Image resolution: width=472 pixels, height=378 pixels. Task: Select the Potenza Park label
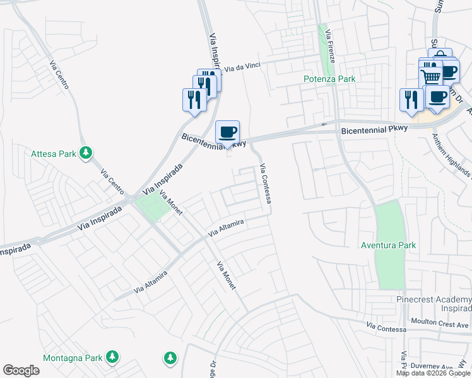coord(329,79)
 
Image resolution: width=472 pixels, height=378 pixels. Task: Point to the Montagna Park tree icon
coord(112,357)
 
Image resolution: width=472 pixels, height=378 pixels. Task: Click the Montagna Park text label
coord(73,358)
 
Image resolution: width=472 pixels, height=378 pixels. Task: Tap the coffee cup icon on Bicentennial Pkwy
coord(228,133)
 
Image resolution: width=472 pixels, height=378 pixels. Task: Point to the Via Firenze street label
coord(332,47)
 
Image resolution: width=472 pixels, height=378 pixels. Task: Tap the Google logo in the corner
coord(21,370)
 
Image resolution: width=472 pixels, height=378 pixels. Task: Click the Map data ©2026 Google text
coord(433,373)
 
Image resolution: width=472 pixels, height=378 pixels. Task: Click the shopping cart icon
coord(431,76)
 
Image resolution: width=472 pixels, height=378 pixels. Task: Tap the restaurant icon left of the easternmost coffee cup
coord(411,100)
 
